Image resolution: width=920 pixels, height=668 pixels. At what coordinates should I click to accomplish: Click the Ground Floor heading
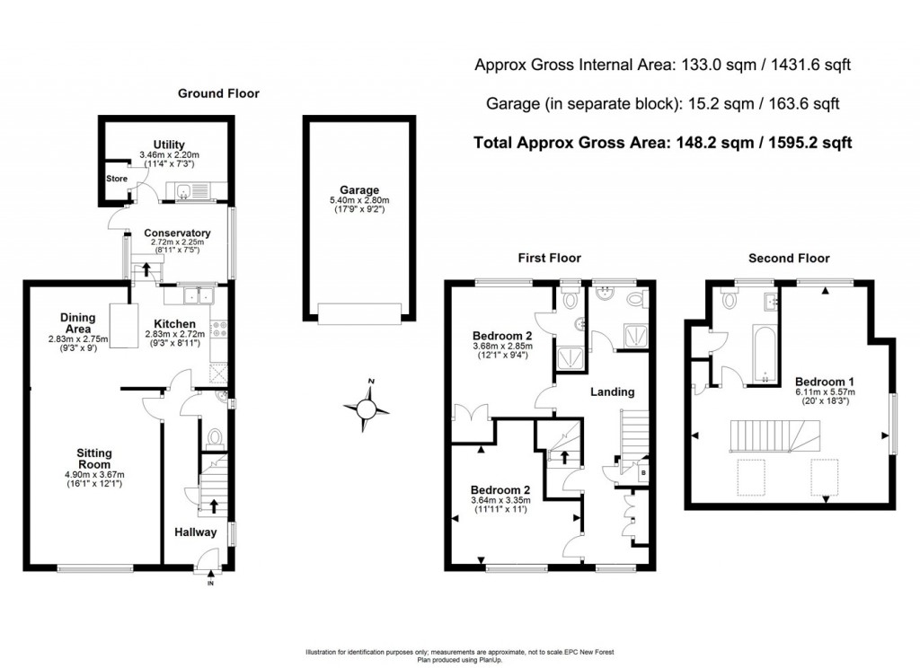(x=218, y=92)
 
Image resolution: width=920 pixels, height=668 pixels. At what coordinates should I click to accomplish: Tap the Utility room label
(x=168, y=145)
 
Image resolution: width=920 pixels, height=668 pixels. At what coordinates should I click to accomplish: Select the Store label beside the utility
(x=118, y=179)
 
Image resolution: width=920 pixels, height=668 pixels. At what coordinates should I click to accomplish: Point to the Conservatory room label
(x=177, y=233)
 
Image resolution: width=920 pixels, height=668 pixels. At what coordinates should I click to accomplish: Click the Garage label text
(x=358, y=189)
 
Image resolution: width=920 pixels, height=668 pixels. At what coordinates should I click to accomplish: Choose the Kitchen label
(x=174, y=323)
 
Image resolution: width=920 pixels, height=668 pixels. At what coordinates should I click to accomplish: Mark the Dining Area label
(x=78, y=322)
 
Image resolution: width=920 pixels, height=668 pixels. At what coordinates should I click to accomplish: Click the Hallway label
(x=195, y=532)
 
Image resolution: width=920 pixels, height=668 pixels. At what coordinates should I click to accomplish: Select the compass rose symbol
(x=367, y=409)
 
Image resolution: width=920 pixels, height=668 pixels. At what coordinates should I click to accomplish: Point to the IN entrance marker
(x=211, y=584)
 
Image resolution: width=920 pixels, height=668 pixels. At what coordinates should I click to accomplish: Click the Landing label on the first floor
(x=612, y=391)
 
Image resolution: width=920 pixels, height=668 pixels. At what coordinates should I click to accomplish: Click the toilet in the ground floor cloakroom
(x=215, y=437)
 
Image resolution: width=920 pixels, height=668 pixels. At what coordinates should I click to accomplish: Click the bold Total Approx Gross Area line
(x=661, y=142)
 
